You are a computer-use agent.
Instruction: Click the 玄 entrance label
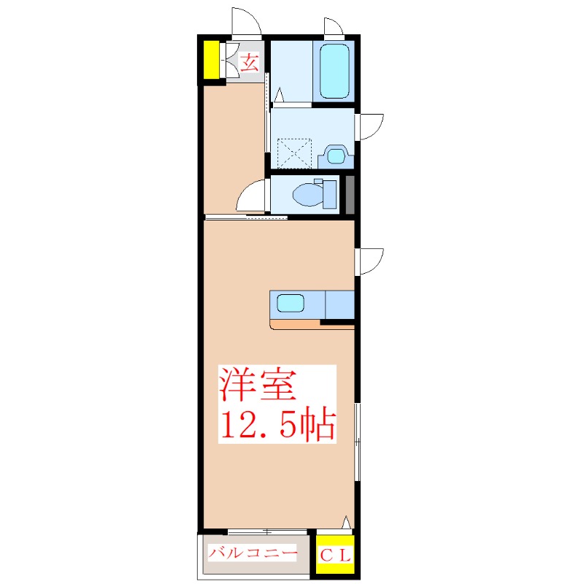pyautogui.click(x=249, y=62)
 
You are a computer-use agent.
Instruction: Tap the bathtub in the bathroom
pyautogui.click(x=334, y=71)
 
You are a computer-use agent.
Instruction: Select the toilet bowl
pyautogui.click(x=308, y=194)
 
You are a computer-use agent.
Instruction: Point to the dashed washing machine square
pyautogui.click(x=294, y=153)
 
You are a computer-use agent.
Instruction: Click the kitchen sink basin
pyautogui.click(x=291, y=303)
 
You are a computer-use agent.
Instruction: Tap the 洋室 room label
pyautogui.click(x=258, y=385)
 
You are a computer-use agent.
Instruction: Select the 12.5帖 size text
pyautogui.click(x=278, y=424)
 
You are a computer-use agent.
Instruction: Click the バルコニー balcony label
pyautogui.click(x=252, y=553)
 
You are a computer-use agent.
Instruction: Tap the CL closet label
pyautogui.click(x=335, y=556)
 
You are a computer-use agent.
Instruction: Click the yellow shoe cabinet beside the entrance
pyautogui.click(x=211, y=60)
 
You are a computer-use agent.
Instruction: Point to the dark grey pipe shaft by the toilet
pyautogui.click(x=350, y=195)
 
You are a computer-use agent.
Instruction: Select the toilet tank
pyautogui.click(x=330, y=194)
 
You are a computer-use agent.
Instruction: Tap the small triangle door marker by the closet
pyautogui.click(x=346, y=522)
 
